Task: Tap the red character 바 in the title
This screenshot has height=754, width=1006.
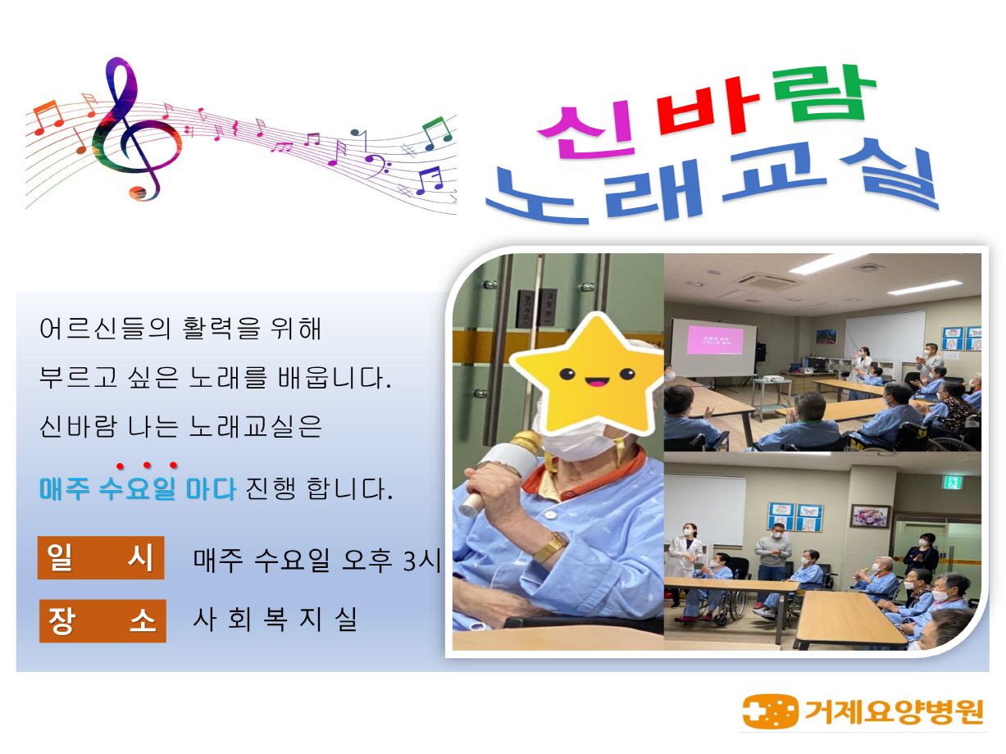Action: (x=708, y=107)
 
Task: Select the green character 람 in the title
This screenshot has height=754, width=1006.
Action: (x=824, y=94)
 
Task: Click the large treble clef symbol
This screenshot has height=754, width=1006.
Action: (x=134, y=129)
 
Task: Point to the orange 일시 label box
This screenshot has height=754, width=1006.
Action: (x=101, y=557)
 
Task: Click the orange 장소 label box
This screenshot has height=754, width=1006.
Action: (x=102, y=620)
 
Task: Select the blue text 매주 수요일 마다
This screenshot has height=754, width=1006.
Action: (x=138, y=488)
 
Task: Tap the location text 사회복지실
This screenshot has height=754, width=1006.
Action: (x=275, y=620)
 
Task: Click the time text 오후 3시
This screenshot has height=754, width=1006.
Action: (x=391, y=559)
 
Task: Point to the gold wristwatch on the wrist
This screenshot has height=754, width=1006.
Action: (x=550, y=547)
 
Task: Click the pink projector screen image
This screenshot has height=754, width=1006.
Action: (x=714, y=339)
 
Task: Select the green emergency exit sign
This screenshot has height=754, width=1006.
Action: (x=952, y=483)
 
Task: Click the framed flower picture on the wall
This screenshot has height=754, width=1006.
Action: (x=869, y=516)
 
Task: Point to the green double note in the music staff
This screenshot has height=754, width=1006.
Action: (x=437, y=133)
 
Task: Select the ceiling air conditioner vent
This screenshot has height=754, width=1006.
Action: (x=767, y=279)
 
